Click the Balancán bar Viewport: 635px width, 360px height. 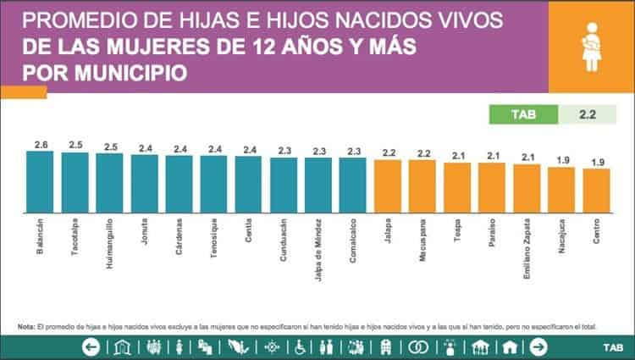pyautogui.click(x=40, y=182)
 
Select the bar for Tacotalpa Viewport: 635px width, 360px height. pyautogui.click(x=75, y=183)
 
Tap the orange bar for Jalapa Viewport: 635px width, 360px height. pyautogui.click(x=388, y=186)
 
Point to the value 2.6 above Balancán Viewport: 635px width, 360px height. pyautogui.click(x=40, y=145)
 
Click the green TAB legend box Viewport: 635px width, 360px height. pyautogui.click(x=525, y=113)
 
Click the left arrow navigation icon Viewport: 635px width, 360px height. pyautogui.click(x=91, y=346)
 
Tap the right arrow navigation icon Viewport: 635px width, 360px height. pyautogui.click(x=537, y=346)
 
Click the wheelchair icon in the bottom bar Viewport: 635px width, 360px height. pyautogui.click(x=298, y=346)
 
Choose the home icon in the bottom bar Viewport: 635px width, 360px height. pyautogui.click(x=510, y=346)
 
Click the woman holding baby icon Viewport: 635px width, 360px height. pyautogui.click(x=590, y=47)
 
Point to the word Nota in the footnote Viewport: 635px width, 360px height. pyautogui.click(x=25, y=326)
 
